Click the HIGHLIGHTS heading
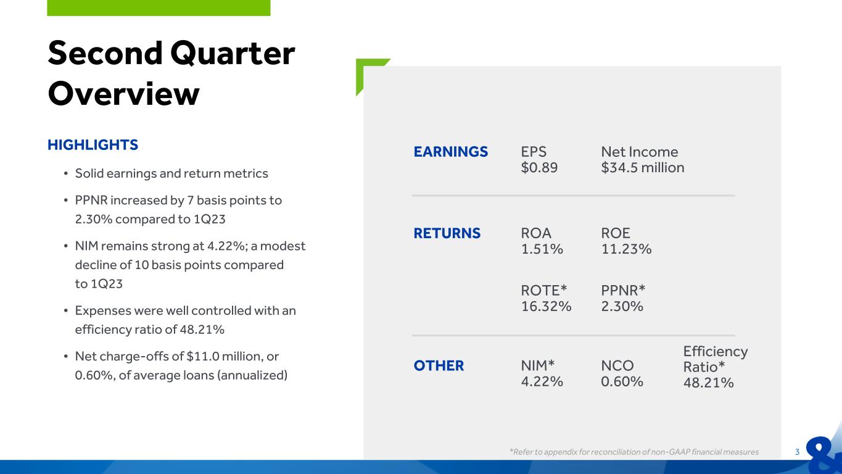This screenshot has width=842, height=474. tap(93, 145)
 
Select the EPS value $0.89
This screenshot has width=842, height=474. tap(539, 168)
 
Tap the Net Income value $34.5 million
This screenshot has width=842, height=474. tap(642, 168)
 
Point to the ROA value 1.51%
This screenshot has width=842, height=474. tap(542, 249)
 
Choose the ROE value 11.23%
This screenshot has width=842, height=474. tap(626, 249)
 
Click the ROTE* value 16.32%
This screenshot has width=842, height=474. tap(546, 307)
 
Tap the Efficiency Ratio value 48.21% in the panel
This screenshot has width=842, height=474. tap(709, 383)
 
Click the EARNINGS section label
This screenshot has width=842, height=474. tap(451, 152)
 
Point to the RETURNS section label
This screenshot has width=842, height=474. tap(447, 233)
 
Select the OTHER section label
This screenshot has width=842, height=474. tap(439, 365)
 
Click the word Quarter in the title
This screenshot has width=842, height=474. tap(233, 54)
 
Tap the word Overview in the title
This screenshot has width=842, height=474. tap(123, 94)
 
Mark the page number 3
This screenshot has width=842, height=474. tap(797, 452)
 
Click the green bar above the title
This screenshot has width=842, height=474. tap(159, 8)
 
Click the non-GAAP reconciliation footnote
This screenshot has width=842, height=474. tap(634, 452)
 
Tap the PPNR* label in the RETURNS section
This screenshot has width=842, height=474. tap(623, 291)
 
